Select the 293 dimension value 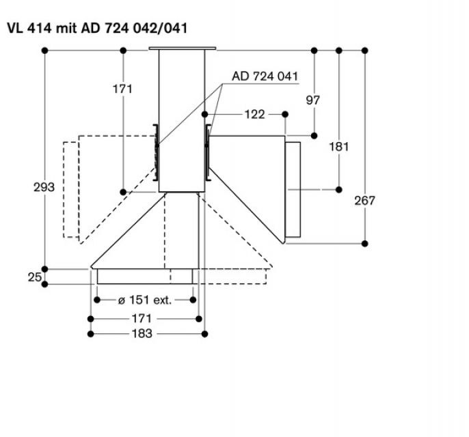coord(44,186)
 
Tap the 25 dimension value coord(34,277)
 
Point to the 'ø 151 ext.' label coord(144,300)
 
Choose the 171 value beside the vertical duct coord(122,89)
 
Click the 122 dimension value coord(254,114)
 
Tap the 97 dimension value coord(313,100)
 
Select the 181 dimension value coord(338,146)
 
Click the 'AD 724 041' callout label coord(265,76)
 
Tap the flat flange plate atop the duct coord(182,48)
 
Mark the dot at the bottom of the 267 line coord(364,242)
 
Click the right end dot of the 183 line coord(204,334)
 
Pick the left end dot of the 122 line coord(205,114)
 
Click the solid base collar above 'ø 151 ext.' coord(145,276)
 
